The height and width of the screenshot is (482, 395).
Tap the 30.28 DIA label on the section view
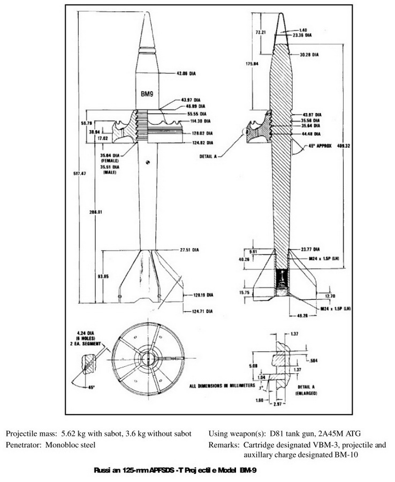[x=310, y=54]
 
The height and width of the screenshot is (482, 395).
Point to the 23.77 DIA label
[x=310, y=249]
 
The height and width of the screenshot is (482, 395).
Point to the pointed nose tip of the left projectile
[x=148, y=13]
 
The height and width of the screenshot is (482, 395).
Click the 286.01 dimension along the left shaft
[x=97, y=212]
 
